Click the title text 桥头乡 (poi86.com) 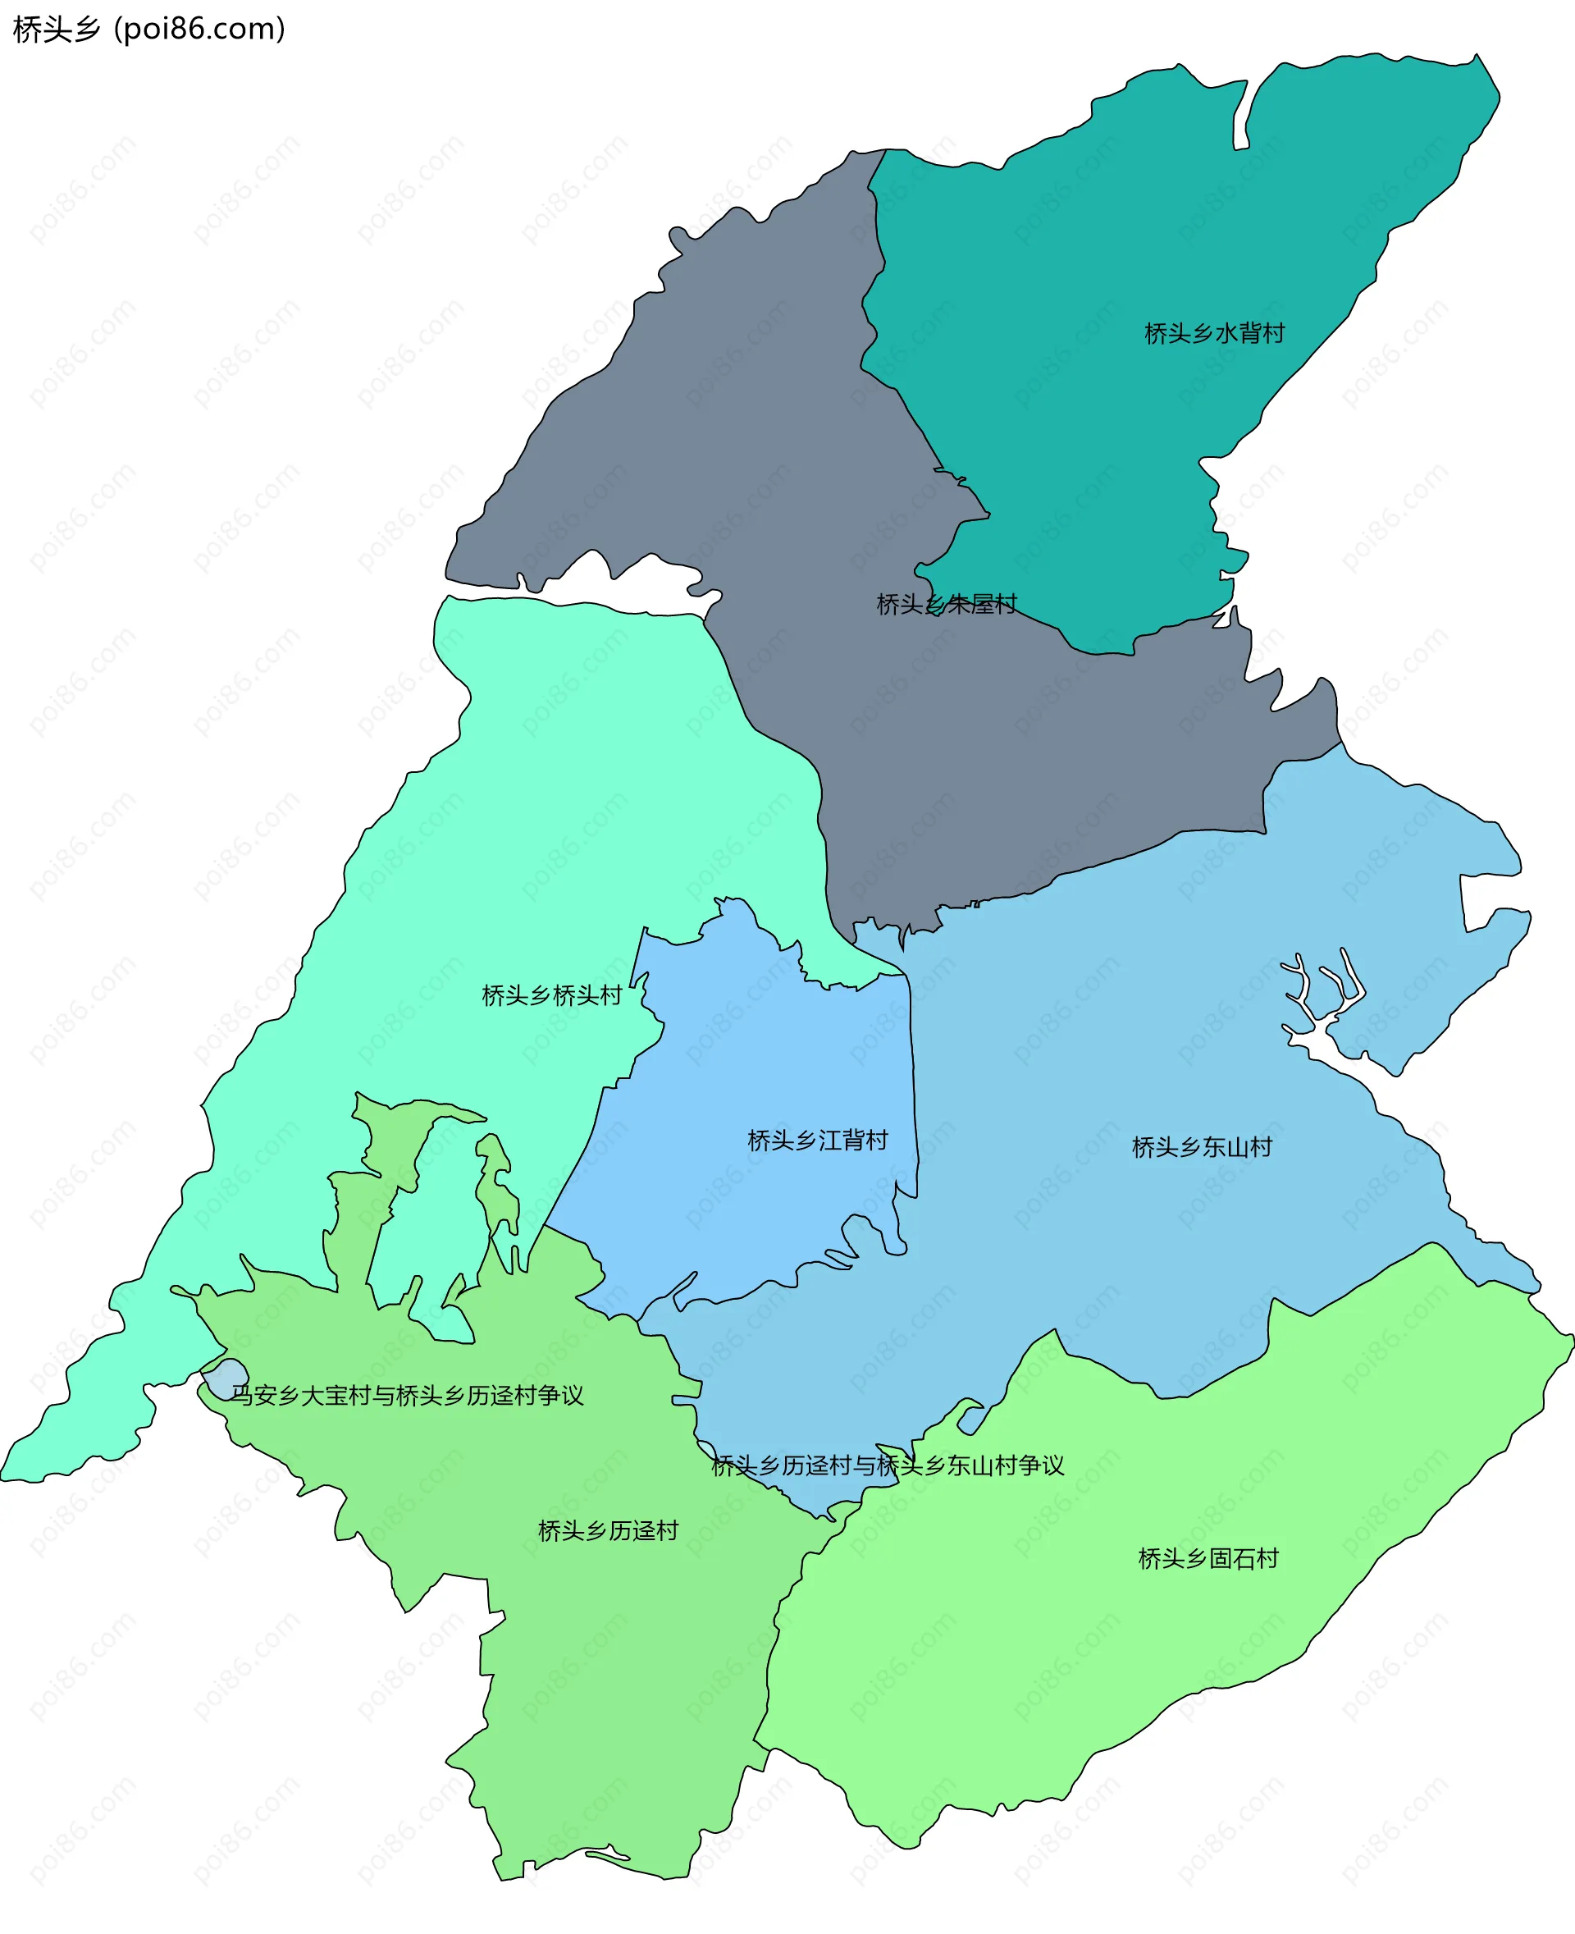pos(148,29)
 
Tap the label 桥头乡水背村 pos(1214,334)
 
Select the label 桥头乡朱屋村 pos(947,605)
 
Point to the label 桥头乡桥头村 pos(551,995)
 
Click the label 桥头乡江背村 pos(816,1140)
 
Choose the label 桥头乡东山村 pos(1201,1147)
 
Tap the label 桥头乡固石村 pos(1207,1558)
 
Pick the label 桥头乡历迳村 pos(608,1531)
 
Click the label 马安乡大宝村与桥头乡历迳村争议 pos(406,1395)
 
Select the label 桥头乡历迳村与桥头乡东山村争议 pos(888,1465)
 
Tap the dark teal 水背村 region pos(1134,227)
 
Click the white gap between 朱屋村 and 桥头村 pos(635,585)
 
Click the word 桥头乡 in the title pos(57,29)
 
